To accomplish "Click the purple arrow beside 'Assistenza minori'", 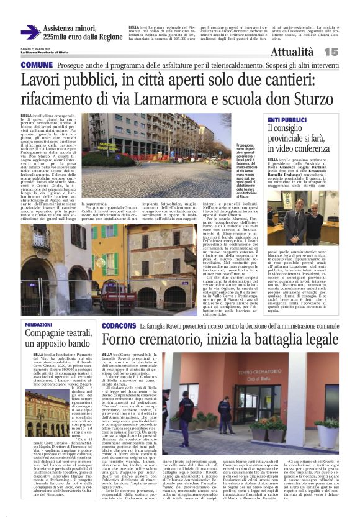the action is (x=30, y=32).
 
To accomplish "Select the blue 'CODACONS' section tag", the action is (x=119, y=325).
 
